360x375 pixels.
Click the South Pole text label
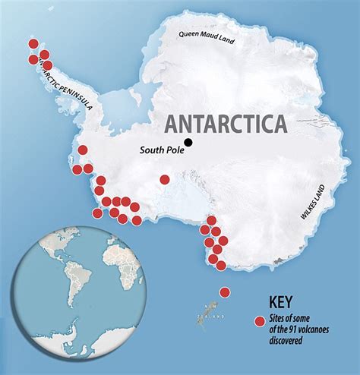pos(160,150)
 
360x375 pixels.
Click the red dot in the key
pos(261,321)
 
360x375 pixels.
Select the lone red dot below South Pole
pos(165,180)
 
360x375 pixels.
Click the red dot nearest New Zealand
pos(225,292)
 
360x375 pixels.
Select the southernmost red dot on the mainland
pos(221,265)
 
